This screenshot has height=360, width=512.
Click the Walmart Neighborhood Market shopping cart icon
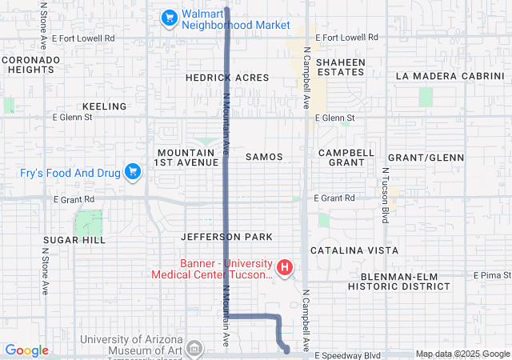click(169, 17)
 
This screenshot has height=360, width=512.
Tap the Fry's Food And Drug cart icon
click(133, 171)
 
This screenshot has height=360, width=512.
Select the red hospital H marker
click(284, 266)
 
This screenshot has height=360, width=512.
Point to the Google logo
click(26, 350)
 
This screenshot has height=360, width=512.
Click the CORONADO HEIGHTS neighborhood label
click(30, 65)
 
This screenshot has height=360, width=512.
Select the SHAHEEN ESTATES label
click(340, 67)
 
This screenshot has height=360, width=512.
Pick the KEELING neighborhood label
click(104, 106)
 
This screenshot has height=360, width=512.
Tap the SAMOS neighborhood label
click(264, 157)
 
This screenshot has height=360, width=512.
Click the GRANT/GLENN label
click(424, 157)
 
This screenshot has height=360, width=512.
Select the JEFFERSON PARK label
click(226, 237)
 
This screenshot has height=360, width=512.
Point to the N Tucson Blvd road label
click(385, 195)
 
